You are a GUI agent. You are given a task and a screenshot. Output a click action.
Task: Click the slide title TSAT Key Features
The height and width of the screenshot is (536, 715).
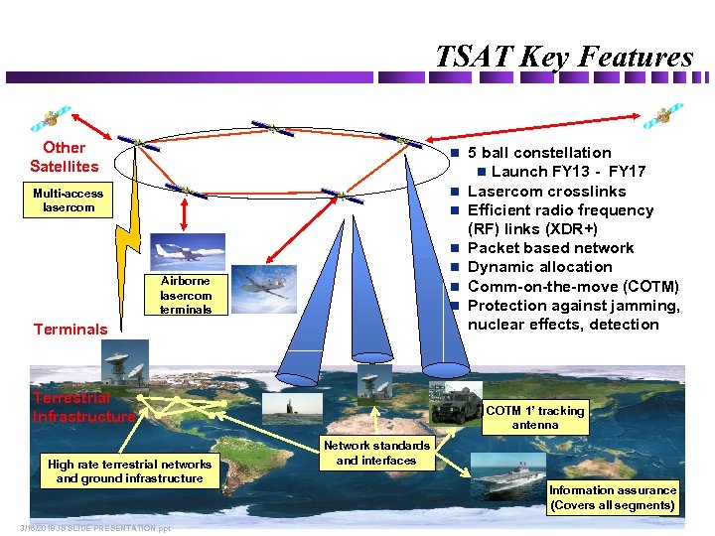[x=563, y=57]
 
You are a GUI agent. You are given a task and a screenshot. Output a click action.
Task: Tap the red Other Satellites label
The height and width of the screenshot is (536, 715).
[x=65, y=157]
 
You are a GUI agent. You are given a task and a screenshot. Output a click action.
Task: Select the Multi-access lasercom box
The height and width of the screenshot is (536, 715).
[x=68, y=201]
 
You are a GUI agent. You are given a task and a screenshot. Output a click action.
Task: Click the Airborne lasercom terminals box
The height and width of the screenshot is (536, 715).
[x=186, y=295]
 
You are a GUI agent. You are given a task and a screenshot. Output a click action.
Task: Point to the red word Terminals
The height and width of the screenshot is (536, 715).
[x=71, y=329]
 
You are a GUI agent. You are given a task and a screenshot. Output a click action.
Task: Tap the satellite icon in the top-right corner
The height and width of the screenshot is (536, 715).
[x=662, y=116]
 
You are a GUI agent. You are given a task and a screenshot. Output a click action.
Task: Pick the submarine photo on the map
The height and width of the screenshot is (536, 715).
[x=286, y=407]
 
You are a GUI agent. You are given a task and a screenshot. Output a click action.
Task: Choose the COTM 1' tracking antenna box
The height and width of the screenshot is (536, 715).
[x=535, y=417]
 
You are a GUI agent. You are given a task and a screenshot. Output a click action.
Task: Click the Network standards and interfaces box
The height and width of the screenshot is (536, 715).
[x=376, y=453]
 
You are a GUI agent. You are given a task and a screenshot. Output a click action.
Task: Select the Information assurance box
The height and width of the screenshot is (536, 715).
[x=613, y=497]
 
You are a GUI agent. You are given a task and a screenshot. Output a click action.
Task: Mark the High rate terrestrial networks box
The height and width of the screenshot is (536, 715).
[x=130, y=470]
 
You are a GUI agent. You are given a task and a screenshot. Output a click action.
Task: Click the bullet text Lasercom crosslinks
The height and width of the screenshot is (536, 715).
[x=546, y=191]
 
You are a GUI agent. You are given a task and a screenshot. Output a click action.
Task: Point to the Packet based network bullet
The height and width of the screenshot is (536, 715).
[x=550, y=248]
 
